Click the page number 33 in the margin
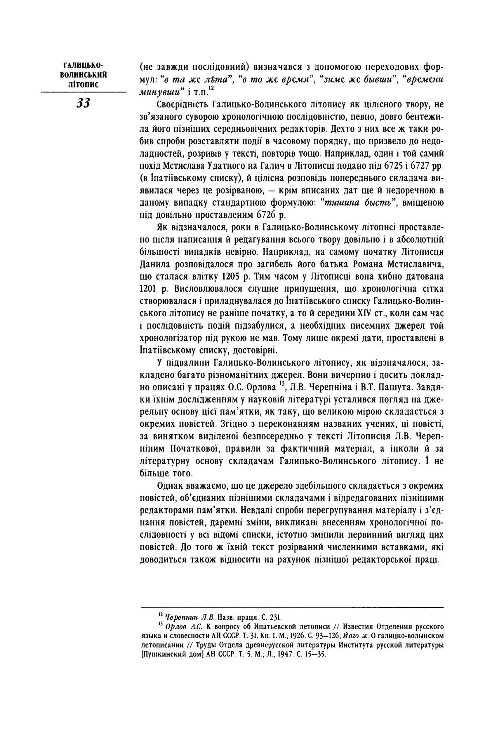pyautogui.click(x=83, y=104)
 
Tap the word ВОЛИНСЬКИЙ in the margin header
pyautogui.click(x=83, y=75)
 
